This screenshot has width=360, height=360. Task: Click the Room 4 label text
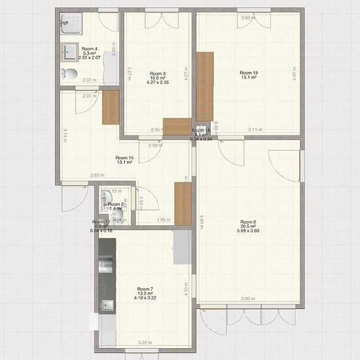(89, 49)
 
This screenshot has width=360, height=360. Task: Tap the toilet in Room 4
(67, 73)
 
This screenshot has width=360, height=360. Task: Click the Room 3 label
(158, 74)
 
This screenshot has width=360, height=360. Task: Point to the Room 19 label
(247, 73)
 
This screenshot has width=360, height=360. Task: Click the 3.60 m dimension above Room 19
(247, 18)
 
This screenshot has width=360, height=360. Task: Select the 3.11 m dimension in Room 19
(256, 130)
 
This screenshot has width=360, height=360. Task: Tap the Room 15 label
(124, 158)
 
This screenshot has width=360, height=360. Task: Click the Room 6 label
(248, 222)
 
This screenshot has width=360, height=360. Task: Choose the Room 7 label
(145, 289)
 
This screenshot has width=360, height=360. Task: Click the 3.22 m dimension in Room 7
(144, 342)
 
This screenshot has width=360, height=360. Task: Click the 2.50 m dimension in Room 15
(155, 145)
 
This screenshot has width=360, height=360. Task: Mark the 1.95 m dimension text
(164, 220)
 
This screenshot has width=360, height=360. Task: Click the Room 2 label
(117, 204)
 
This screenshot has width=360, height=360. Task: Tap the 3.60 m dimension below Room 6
(247, 298)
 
